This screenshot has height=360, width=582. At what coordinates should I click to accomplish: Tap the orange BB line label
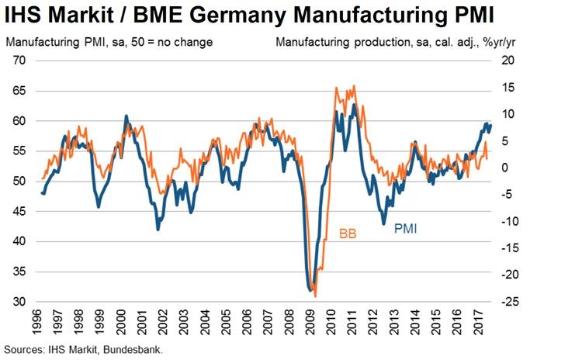tap(347, 232)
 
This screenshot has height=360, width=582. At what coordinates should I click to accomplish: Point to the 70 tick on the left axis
tap(19, 61)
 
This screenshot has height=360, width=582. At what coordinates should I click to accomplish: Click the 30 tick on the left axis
tap(19, 302)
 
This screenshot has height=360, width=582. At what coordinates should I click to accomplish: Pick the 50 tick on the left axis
tap(19, 182)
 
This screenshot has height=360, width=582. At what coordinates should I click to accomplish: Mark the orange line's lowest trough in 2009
tap(315, 296)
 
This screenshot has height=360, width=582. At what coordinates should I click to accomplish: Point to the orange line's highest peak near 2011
tap(354, 86)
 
